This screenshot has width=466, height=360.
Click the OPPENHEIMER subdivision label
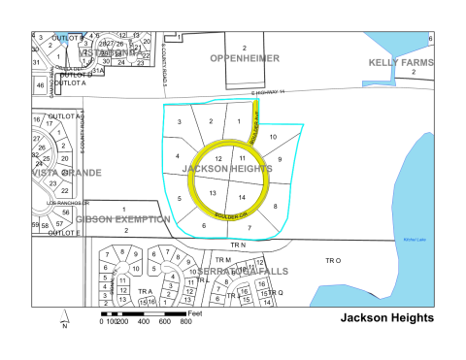click(x=246, y=59)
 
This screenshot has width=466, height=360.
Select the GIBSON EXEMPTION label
click(x=123, y=219)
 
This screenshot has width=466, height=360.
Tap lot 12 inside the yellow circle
click(x=217, y=157)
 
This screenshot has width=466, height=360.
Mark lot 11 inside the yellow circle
click(x=242, y=157)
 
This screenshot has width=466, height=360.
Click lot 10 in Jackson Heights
click(x=273, y=136)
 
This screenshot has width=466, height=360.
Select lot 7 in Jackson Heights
click(x=250, y=228)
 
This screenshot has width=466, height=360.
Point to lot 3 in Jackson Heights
click(x=180, y=121)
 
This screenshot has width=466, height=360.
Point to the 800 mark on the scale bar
click(x=185, y=321)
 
